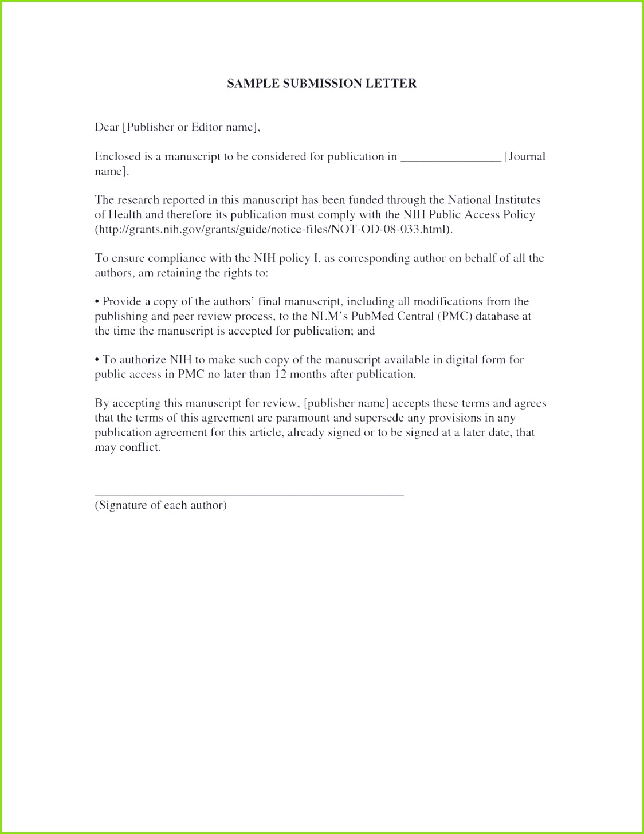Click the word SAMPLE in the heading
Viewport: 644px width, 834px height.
pos(248,84)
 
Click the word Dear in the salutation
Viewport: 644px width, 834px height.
pos(107,127)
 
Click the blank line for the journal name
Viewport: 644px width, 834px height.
pos(450,159)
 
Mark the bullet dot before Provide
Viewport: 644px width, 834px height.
pos(97,302)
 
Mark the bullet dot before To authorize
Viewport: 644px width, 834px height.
pos(97,360)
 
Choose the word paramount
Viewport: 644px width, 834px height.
pos(303,418)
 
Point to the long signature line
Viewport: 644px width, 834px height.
pos(249,494)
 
